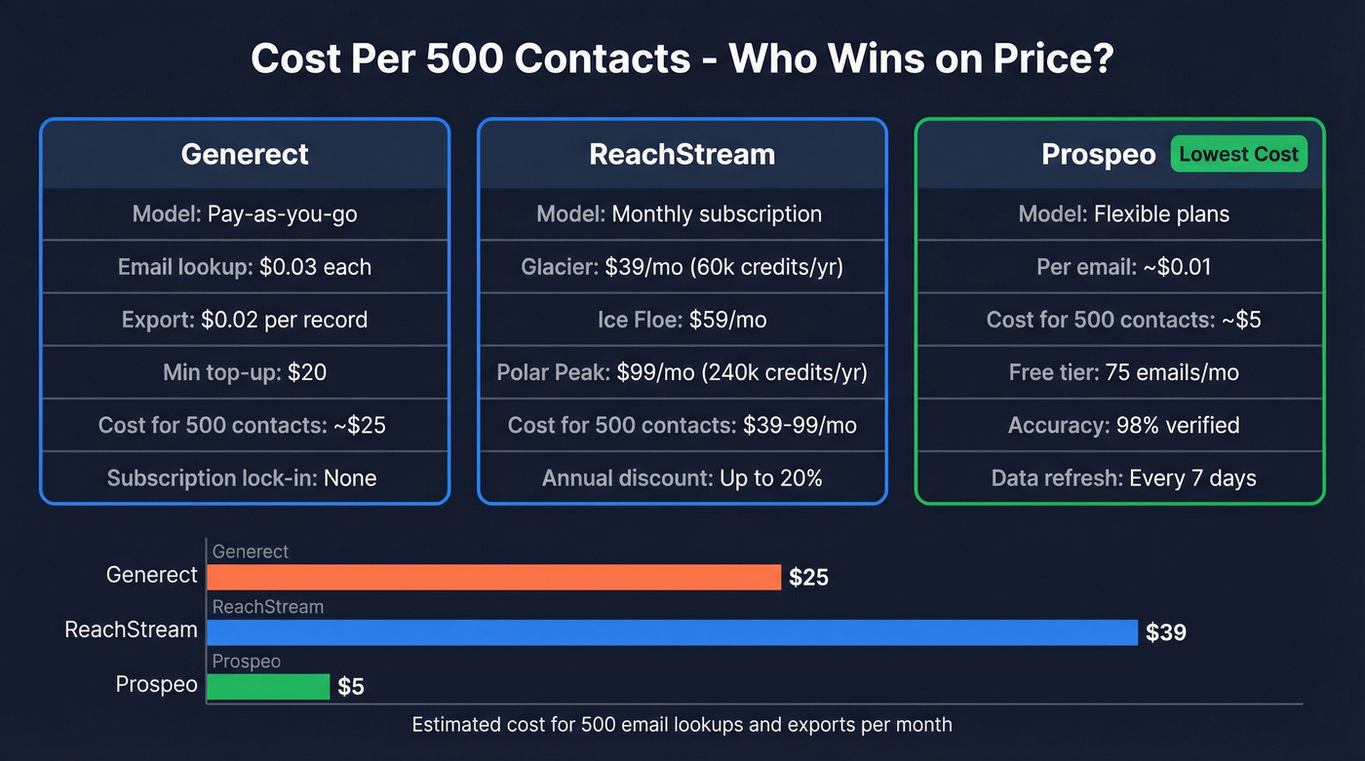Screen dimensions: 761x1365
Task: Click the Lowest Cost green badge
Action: pyautogui.click(x=1238, y=154)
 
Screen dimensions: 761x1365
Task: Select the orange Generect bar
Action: pyautogui.click(x=493, y=577)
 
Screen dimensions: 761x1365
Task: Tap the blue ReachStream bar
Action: pyautogui.click(x=672, y=631)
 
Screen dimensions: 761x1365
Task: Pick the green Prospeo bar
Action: pyautogui.click(x=268, y=686)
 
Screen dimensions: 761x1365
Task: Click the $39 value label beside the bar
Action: pyautogui.click(x=1166, y=632)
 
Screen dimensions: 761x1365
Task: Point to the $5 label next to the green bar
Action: pyautogui.click(x=351, y=687)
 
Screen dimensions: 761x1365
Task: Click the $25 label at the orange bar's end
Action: pyautogui.click(x=808, y=578)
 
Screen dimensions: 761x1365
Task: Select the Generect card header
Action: pyautogui.click(x=245, y=154)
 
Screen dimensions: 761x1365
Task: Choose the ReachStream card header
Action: pyautogui.click(x=682, y=154)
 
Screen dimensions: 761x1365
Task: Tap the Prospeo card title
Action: pyautogui.click(x=1098, y=155)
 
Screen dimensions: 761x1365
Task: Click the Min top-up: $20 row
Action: pyautogui.click(x=245, y=372)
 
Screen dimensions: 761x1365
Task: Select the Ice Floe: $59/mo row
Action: pyautogui.click(x=682, y=320)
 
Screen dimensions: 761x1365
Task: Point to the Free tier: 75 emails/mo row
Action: pyautogui.click(x=1123, y=372)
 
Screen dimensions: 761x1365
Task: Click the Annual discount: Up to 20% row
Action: pyautogui.click(x=682, y=478)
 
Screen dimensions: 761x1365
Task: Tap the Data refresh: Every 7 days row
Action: pyautogui.click(x=1123, y=478)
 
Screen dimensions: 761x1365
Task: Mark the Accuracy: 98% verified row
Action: pyautogui.click(x=1123, y=426)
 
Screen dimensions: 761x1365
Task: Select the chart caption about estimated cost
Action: pyautogui.click(x=682, y=725)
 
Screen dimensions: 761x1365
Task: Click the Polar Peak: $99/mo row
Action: pyautogui.click(x=682, y=372)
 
